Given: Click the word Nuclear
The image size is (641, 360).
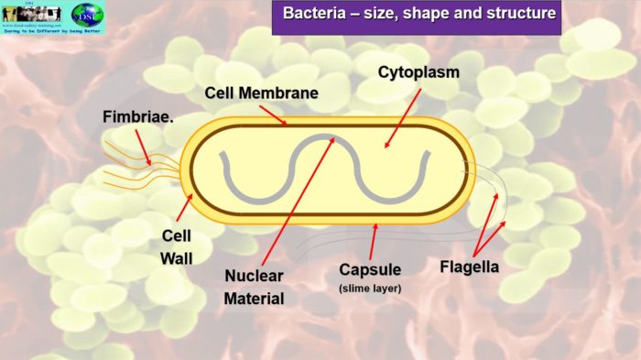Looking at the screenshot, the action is click(x=255, y=276).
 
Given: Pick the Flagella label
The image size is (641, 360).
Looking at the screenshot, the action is click(x=469, y=267).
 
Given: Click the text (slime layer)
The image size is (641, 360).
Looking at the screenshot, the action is click(x=370, y=289).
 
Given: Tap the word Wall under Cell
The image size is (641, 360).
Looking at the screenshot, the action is click(x=177, y=257).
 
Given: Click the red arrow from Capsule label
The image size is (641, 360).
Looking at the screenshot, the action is click(x=371, y=243).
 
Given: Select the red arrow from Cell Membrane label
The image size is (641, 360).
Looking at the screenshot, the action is click(x=273, y=114).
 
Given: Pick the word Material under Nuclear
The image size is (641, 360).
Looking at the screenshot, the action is click(x=255, y=298).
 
